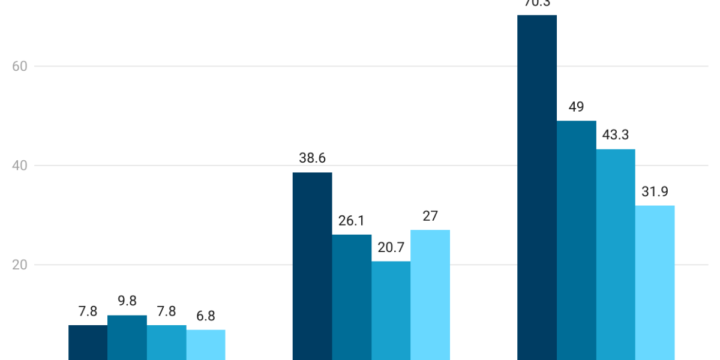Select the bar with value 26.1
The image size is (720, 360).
(352, 297)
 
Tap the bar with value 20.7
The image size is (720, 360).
(391, 310)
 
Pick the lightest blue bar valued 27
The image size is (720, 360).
(430, 295)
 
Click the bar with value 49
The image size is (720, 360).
(576, 240)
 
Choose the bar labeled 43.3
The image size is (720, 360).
(616, 254)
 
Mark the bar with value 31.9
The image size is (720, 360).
(655, 283)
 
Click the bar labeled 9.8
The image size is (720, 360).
(127, 337)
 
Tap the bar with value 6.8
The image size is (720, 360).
(206, 344)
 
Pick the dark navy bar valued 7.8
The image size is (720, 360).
(88, 342)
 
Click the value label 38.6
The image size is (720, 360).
(312, 158)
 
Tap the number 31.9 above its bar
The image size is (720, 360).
(655, 192)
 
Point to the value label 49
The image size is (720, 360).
(576, 107)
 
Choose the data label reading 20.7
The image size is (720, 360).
(391, 247)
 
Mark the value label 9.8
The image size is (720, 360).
(127, 301)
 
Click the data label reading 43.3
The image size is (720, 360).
(616, 135)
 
